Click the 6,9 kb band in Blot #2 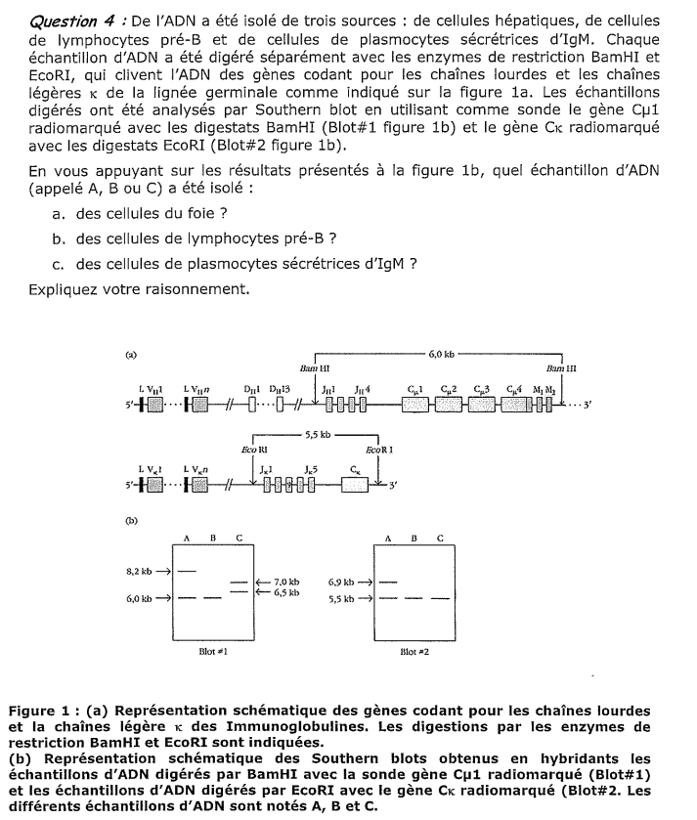coord(388,582)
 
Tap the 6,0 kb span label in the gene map coord(441,349)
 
